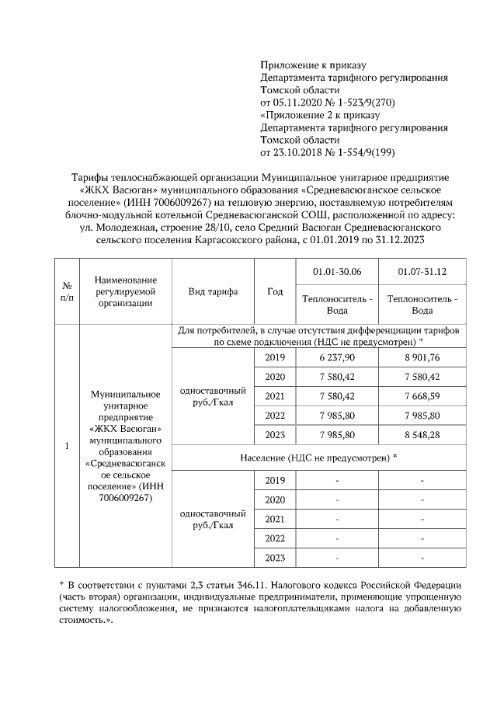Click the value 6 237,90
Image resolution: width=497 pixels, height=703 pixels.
tap(338, 358)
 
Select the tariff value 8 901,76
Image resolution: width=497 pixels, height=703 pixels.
tap(422, 358)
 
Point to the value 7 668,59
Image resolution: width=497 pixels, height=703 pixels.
tap(422, 396)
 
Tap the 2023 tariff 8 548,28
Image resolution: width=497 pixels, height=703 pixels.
tap(422, 434)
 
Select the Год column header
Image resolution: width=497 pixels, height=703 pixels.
tap(274, 292)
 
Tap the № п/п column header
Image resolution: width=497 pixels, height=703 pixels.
tap(67, 292)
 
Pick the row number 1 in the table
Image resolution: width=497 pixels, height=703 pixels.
tap(67, 447)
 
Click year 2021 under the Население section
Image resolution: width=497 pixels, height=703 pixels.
tap(275, 519)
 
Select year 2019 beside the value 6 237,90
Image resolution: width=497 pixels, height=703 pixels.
tap(275, 358)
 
